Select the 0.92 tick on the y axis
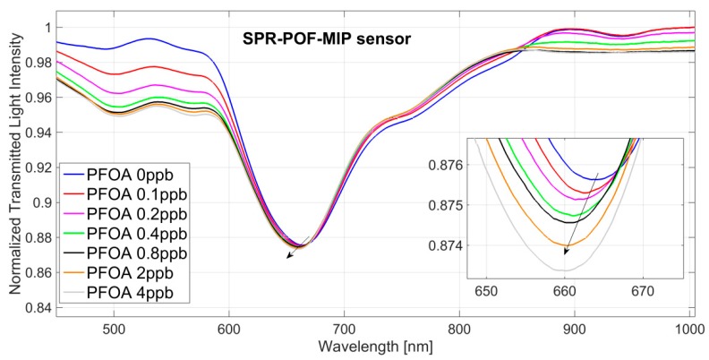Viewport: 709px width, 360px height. pyautogui.click(x=37, y=167)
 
